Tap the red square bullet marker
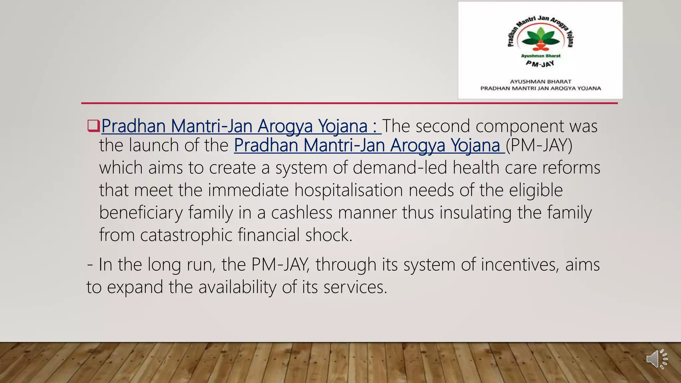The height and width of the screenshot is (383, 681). point(93,126)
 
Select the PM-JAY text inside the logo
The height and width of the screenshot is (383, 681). point(540,63)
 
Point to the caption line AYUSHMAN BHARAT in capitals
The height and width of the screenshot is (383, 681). point(541,81)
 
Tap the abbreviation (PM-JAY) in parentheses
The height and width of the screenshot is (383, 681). point(539,145)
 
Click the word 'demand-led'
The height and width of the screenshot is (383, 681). point(400,168)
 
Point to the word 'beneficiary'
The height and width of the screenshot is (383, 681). point(141,212)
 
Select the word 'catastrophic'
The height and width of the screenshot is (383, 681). point(186,235)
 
